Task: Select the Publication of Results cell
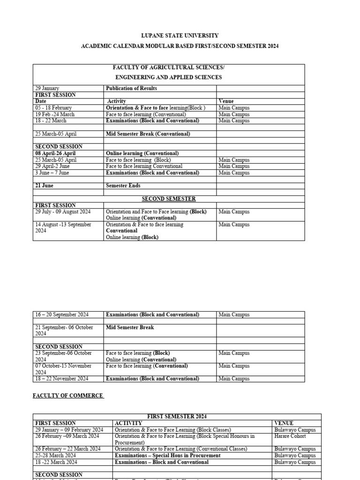click(131, 88)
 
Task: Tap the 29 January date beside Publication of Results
click(47, 88)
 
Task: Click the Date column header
click(41, 101)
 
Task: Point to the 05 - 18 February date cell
click(54, 108)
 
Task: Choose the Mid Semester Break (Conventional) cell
click(148, 134)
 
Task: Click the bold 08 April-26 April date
click(55, 153)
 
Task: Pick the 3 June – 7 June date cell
click(52, 172)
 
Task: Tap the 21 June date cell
click(45, 186)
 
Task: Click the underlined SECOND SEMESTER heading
click(169, 199)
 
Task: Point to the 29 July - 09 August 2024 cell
click(63, 212)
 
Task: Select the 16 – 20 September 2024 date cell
click(62, 315)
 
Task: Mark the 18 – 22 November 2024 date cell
click(62, 379)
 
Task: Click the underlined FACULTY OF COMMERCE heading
click(67, 396)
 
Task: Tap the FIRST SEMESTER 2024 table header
click(177, 416)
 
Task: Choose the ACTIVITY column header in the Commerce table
click(128, 423)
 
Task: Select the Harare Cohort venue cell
click(290, 436)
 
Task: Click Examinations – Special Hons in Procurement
click(167, 455)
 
